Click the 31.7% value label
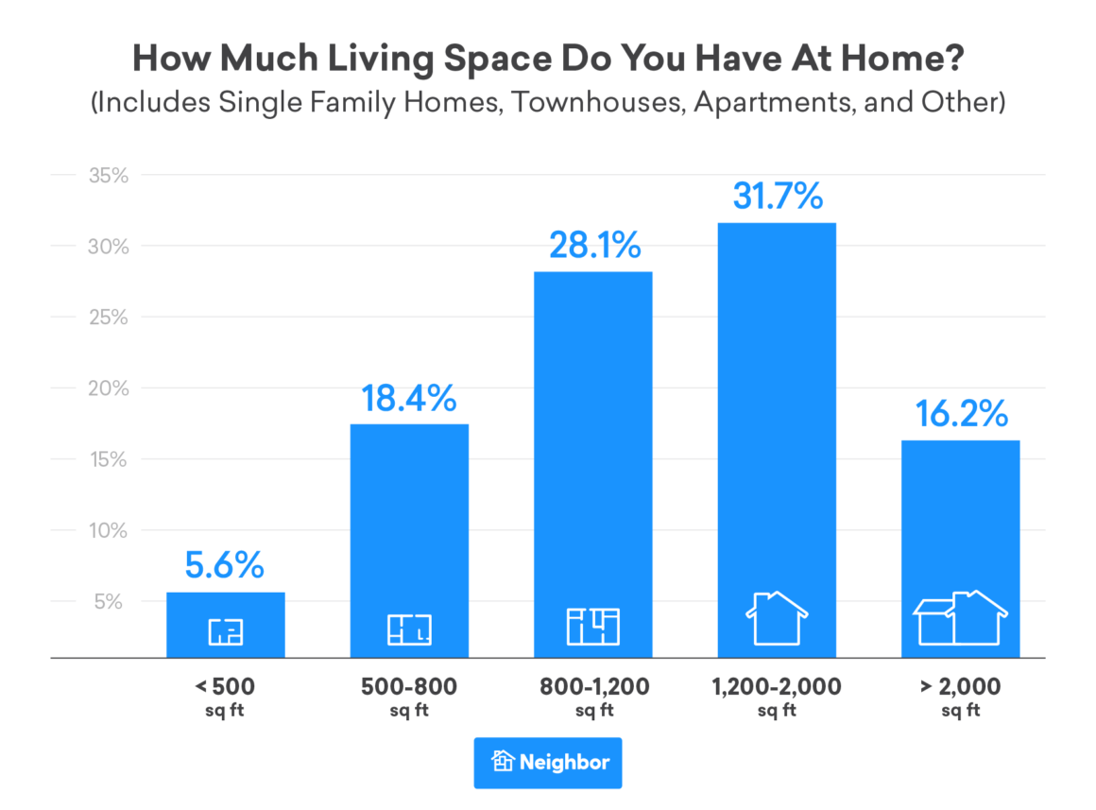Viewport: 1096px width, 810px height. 777,197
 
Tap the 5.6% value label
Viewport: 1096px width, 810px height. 225,566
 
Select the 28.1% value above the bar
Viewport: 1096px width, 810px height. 593,246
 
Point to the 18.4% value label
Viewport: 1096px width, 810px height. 409,398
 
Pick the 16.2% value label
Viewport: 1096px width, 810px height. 960,414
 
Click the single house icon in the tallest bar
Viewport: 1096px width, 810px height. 777,618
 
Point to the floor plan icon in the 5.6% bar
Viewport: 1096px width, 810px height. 225,630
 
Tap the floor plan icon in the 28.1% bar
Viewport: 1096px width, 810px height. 593,626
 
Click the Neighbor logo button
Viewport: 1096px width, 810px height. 548,763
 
